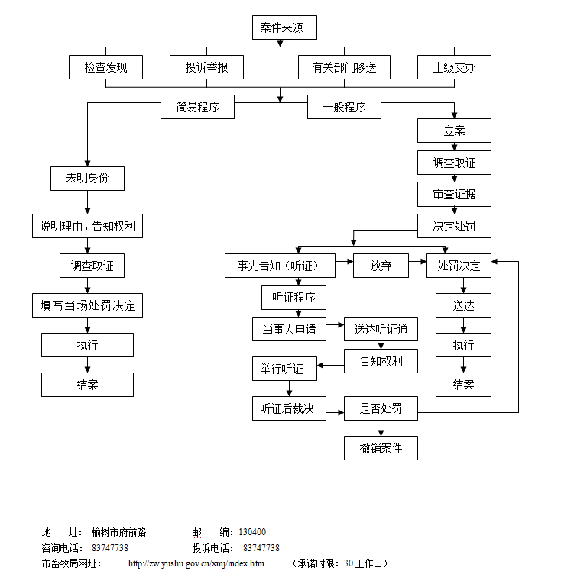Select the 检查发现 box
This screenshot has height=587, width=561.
click(105, 67)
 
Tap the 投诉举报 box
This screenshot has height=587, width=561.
click(206, 67)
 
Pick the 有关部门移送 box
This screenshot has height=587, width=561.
click(344, 67)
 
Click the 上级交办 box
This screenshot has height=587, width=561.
click(454, 67)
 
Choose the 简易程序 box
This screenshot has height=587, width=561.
click(197, 107)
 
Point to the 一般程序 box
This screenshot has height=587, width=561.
click(344, 107)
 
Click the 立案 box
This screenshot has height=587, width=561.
click(454, 131)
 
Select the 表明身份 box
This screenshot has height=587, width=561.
click(87, 178)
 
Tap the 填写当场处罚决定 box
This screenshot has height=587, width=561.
click(87, 305)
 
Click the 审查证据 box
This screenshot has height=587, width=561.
click(454, 194)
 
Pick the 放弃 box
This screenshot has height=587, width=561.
click(381, 266)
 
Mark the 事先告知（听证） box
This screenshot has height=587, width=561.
click(280, 266)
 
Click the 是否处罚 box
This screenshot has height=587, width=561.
click(381, 408)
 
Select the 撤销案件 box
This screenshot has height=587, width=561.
click(381, 448)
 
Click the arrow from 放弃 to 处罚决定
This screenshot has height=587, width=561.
click(417, 266)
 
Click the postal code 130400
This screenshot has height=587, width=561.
click(252, 532)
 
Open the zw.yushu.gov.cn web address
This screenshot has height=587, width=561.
click(196, 563)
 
